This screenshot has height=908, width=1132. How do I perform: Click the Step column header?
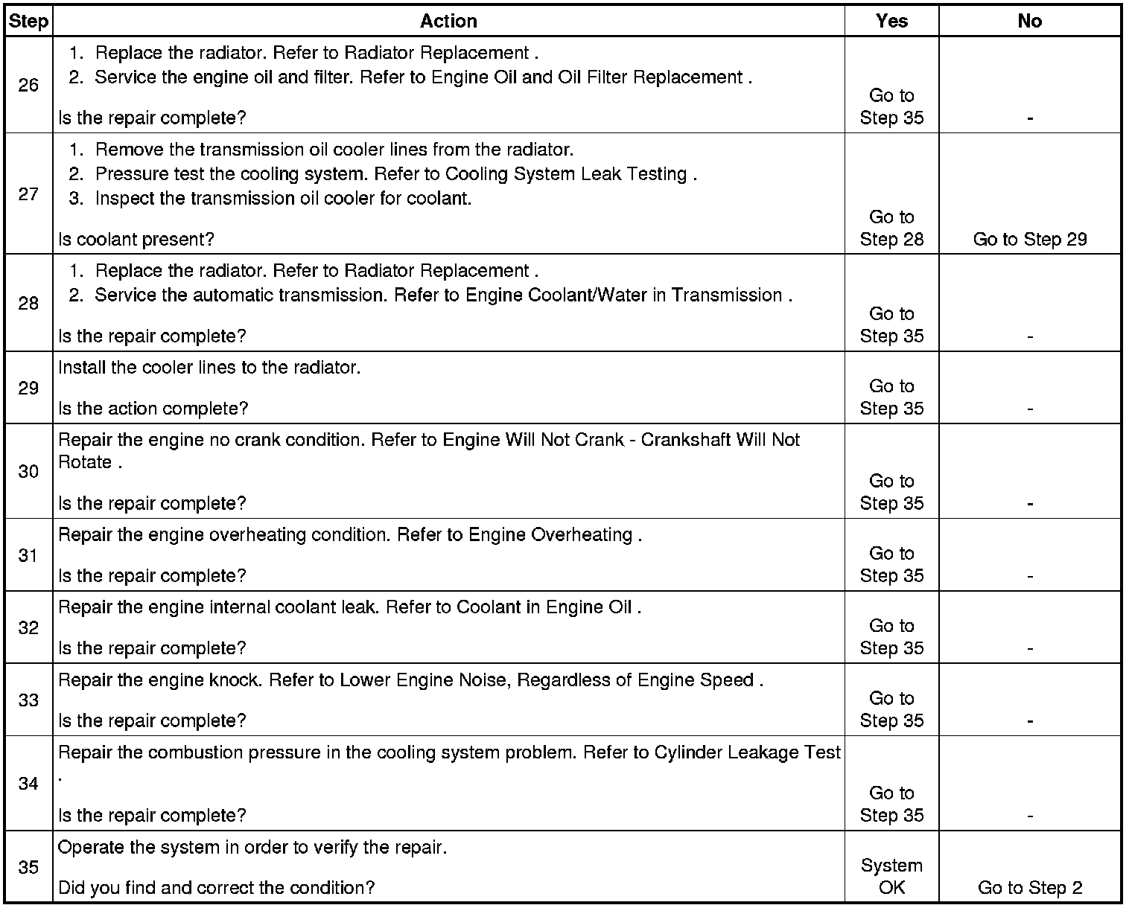click(x=28, y=21)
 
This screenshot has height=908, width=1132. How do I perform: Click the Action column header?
click(x=448, y=21)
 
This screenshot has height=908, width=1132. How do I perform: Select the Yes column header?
click(x=891, y=21)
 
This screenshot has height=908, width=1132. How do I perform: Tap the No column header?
click(x=1029, y=21)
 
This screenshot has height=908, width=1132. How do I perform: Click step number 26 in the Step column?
click(x=28, y=85)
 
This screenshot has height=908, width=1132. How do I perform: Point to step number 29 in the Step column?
click(x=28, y=388)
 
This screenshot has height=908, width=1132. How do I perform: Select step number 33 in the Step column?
click(x=28, y=700)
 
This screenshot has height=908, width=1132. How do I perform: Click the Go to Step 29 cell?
click(x=1030, y=239)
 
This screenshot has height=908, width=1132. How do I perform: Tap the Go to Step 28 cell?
click(x=891, y=228)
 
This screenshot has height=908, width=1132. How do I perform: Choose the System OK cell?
click(x=891, y=876)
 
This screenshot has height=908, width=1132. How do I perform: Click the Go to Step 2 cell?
click(x=1030, y=887)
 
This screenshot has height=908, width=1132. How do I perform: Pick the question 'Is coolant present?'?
click(x=136, y=239)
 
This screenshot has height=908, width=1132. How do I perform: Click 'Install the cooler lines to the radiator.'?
click(x=209, y=368)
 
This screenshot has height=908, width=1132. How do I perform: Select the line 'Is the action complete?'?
click(x=153, y=408)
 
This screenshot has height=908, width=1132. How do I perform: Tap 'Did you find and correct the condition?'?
click(x=216, y=887)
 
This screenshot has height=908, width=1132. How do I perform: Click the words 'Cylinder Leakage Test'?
click(x=747, y=752)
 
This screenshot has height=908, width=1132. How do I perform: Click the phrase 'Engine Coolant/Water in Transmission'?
click(x=623, y=295)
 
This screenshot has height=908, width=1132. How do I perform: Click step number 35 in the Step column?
click(x=28, y=867)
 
